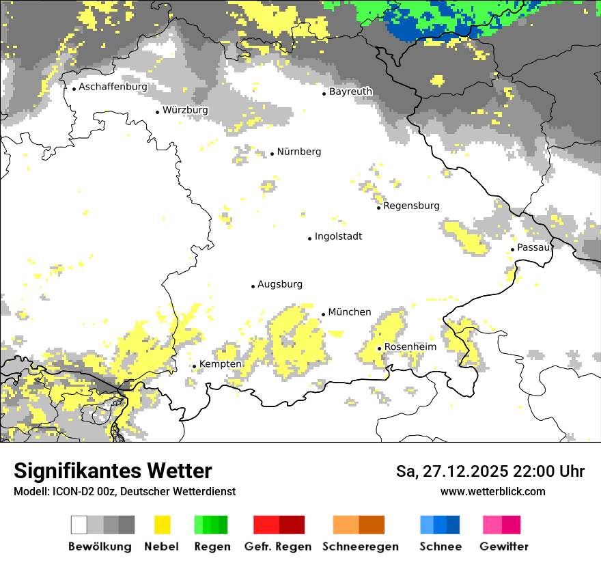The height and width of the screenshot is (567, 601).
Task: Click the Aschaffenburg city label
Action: tap(113, 87)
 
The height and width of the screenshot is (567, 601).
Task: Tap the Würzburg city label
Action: tap(185, 110)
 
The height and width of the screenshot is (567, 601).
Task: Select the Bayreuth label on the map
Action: tap(350, 92)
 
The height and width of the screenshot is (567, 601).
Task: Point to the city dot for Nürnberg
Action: tap(272, 154)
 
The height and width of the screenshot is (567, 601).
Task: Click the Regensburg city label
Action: tap(411, 206)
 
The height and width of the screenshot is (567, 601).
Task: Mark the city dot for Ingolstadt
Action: tap(309, 238)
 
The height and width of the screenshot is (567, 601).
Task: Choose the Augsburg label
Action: tap(280, 284)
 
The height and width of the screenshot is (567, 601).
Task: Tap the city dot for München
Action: tap(323, 314)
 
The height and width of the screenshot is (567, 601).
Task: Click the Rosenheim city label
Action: tap(410, 347)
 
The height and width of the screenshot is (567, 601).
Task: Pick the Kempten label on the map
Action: tap(220, 364)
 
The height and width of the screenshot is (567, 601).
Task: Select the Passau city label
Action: tap(533, 247)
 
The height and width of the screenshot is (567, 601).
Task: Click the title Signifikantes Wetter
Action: tap(113, 471)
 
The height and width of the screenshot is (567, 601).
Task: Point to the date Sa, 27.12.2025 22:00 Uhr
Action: tap(490, 471)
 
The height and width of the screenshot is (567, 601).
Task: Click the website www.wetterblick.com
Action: tap(492, 491)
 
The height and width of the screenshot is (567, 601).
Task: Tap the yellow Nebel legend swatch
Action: tap(163, 525)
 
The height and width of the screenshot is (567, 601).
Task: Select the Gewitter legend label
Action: tap(504, 547)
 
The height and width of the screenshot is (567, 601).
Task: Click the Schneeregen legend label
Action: tap(361, 547)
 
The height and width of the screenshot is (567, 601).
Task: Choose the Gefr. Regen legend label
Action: tap(278, 547)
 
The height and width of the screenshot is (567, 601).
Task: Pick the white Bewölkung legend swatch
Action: tap(79, 525)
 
